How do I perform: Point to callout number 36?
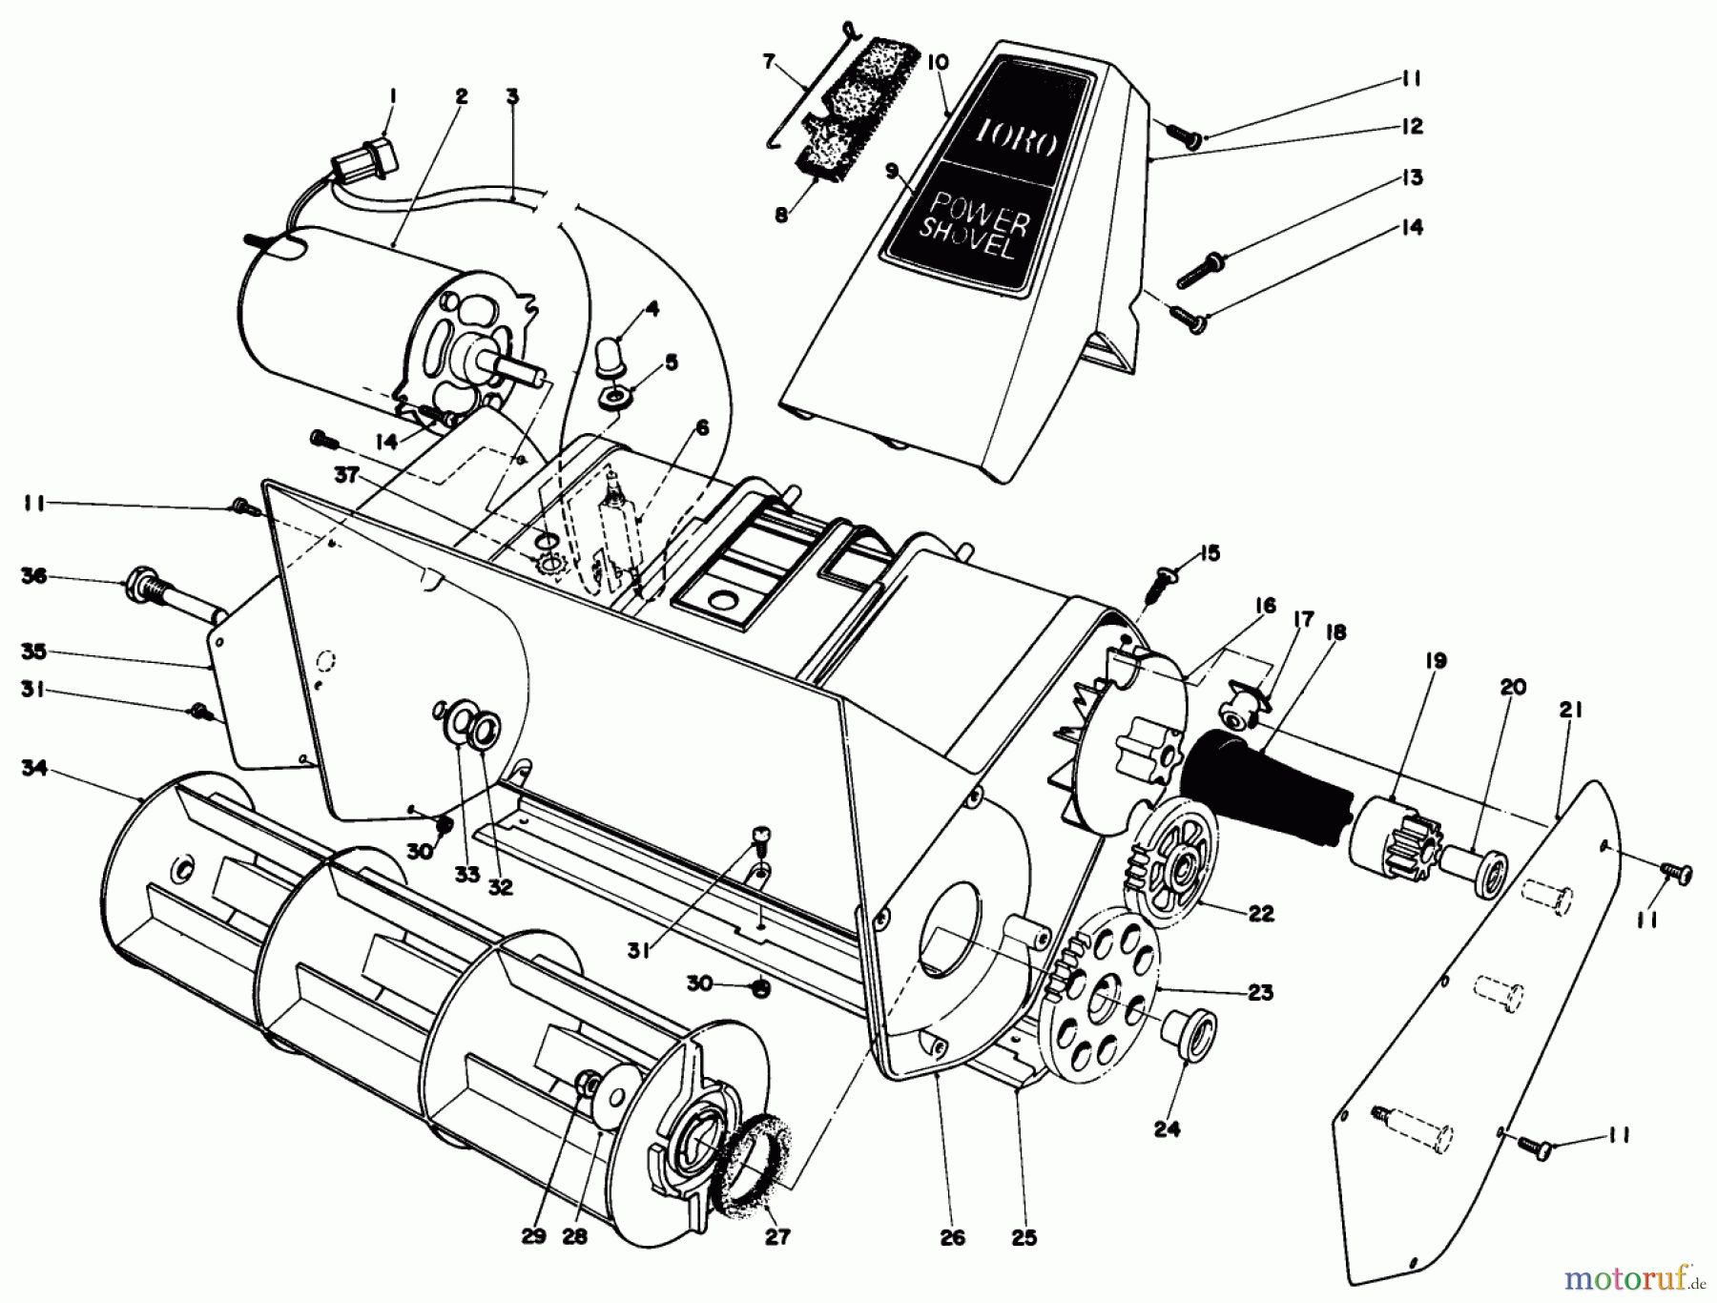pyautogui.click(x=34, y=577)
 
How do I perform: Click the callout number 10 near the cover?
pyautogui.click(x=938, y=63)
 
